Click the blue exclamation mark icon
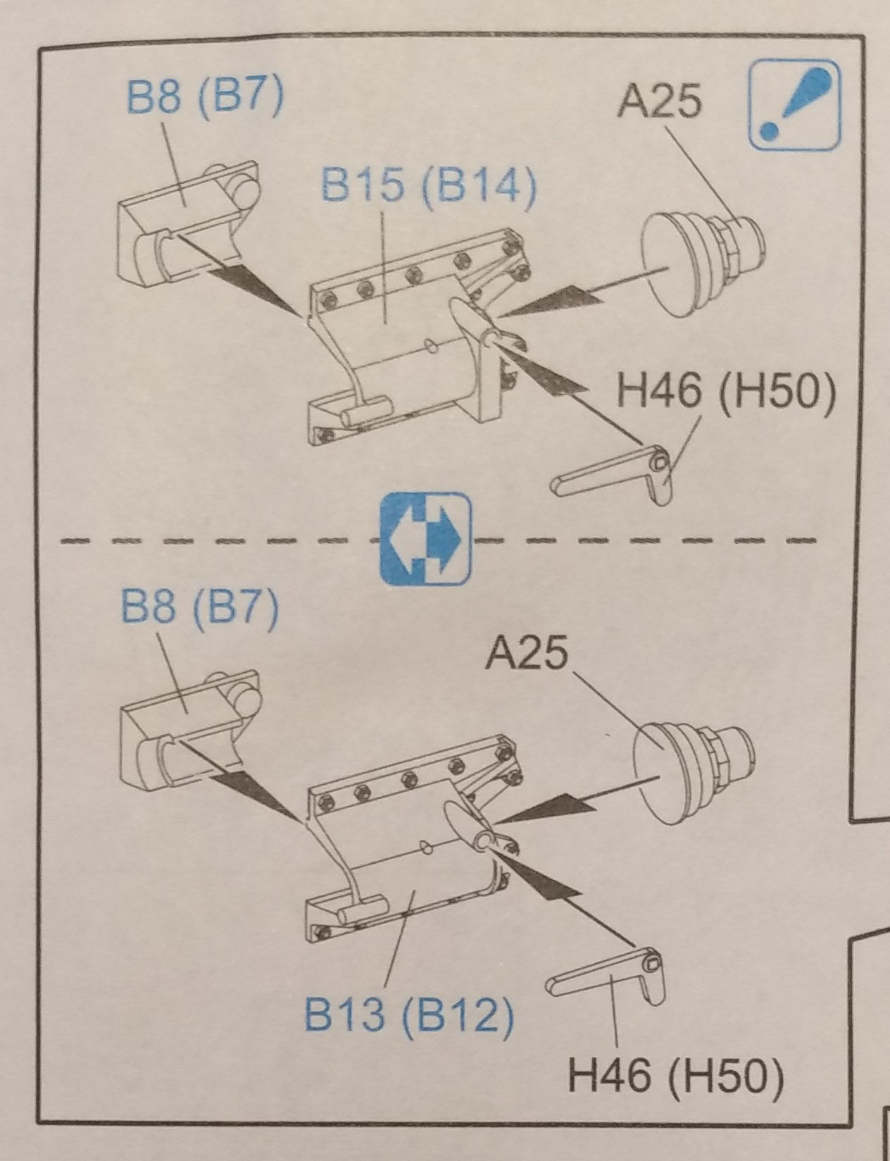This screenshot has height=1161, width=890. tap(795, 106)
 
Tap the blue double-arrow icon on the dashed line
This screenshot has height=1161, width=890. tap(425, 539)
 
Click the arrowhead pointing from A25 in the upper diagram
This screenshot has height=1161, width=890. tap(556, 302)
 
